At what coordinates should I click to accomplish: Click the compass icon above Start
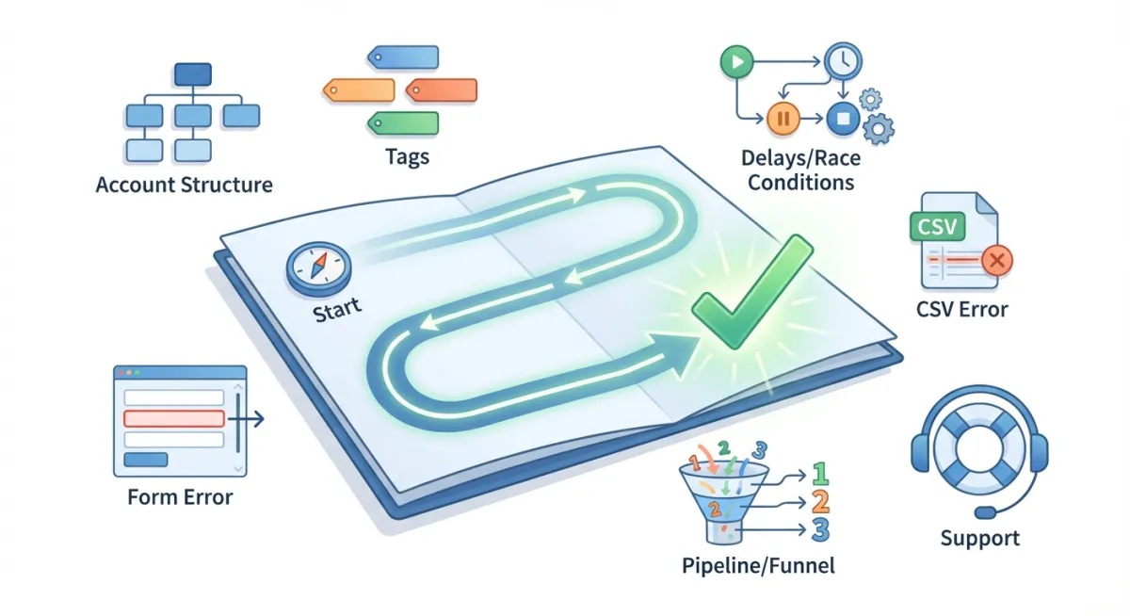(311, 267)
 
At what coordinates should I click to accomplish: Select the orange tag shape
(358, 89)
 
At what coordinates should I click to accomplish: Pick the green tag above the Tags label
(403, 122)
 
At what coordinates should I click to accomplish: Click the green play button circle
(734, 62)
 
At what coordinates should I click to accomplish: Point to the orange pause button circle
(783, 119)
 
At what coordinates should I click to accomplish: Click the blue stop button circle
(842, 119)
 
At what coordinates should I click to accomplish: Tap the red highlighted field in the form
(174, 418)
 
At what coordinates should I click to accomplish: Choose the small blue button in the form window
(146, 459)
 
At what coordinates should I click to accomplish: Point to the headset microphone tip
(986, 512)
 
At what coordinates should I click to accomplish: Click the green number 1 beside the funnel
(819, 472)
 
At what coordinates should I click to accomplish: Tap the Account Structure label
(185, 184)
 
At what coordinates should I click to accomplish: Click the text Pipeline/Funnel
(758, 566)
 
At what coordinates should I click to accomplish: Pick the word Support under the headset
(979, 539)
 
